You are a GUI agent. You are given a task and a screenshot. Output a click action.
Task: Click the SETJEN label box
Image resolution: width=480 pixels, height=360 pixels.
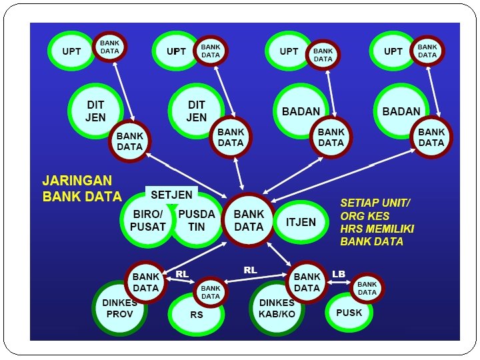pos(171,195)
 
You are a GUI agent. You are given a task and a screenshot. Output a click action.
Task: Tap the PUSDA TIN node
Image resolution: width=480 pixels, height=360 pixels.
pos(198,221)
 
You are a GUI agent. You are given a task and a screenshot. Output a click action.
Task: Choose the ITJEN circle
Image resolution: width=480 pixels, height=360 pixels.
pos(301,222)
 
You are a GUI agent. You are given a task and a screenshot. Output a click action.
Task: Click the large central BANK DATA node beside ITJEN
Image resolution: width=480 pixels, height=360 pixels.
pos(249,221)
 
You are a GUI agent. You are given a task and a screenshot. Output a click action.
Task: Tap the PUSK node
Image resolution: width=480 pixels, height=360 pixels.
pos(349,313)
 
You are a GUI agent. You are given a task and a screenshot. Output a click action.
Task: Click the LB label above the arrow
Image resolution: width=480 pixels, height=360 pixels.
pos(338,274)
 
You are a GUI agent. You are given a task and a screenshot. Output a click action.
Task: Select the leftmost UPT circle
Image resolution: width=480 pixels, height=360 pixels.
pos(71,51)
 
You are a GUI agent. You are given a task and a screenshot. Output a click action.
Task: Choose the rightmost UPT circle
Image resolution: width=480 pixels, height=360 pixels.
pos(393,51)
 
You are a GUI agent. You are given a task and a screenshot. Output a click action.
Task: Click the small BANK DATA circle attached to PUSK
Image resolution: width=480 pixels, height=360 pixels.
pos(367,288)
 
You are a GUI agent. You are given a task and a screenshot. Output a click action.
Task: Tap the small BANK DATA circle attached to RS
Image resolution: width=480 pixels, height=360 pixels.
pos(210,292)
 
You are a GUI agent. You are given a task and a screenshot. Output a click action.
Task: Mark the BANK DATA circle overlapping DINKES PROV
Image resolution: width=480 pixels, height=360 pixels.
pos(145,282)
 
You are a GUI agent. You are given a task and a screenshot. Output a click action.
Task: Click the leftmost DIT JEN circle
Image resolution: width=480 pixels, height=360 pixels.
pos(95,111)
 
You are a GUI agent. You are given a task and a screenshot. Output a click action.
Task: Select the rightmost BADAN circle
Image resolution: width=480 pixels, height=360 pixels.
pos(401,111)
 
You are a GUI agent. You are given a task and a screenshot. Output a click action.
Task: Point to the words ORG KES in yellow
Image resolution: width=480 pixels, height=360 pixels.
pos(365,215)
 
